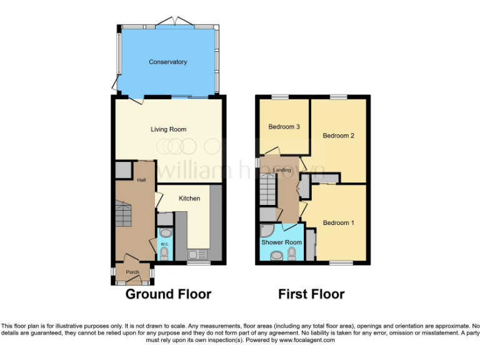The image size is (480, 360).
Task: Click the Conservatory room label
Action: pyautogui.click(x=167, y=62)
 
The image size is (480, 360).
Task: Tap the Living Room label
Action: pyautogui.click(x=168, y=129)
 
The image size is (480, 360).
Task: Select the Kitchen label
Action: pyautogui.click(x=189, y=199)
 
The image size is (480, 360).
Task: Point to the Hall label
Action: pyautogui.click(x=141, y=181)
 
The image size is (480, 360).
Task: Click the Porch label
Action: pyautogui.click(x=132, y=272)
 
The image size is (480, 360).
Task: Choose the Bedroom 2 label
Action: pyautogui.click(x=338, y=136)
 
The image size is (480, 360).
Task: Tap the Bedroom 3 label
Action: pyautogui.click(x=284, y=127)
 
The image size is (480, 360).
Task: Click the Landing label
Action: pyautogui.click(x=282, y=170)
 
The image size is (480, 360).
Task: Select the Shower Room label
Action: pyautogui.click(x=281, y=242)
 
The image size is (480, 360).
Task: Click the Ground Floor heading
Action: pyautogui.click(x=168, y=294)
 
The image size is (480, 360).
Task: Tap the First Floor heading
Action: pyautogui.click(x=311, y=294)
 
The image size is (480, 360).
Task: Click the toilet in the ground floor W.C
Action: pyautogui.click(x=164, y=252)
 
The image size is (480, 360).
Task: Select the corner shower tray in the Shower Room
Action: pyautogui.click(x=266, y=231)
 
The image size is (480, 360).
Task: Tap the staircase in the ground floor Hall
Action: pyautogui.click(x=123, y=216)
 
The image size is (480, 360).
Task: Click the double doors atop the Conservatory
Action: pyautogui.click(x=169, y=22)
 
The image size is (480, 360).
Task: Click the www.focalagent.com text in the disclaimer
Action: pyautogui.click(x=306, y=341)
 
